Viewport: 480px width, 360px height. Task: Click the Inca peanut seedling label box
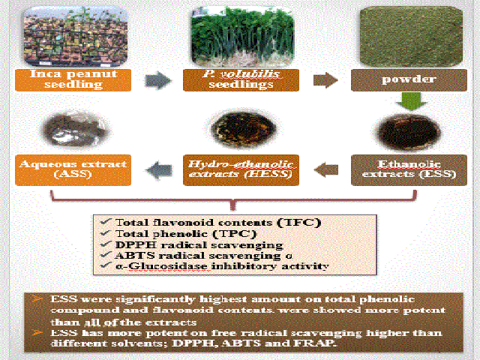(73, 80)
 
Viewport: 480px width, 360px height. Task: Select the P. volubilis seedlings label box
(241, 80)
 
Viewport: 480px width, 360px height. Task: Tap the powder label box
(409, 80)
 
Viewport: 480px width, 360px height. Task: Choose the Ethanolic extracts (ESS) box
(409, 170)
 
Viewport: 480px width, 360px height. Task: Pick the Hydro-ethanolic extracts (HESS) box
(241, 170)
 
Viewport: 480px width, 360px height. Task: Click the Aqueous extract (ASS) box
(73, 170)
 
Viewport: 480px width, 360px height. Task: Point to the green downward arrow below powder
(411, 101)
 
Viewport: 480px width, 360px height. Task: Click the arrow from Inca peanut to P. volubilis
(158, 80)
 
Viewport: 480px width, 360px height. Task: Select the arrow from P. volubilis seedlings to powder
(325, 80)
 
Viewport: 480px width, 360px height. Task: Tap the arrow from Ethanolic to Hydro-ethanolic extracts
(326, 169)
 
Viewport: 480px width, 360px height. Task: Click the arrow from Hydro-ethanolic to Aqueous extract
(159, 170)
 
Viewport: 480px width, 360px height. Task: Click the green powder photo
(411, 37)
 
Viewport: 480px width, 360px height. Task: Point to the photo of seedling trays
(75, 36)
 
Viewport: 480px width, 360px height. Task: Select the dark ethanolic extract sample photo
(409, 133)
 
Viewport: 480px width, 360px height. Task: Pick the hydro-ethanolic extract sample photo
(244, 128)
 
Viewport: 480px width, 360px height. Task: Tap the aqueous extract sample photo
(75, 129)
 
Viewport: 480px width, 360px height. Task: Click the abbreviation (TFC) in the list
(299, 222)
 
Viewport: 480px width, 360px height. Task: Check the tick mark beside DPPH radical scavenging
(106, 244)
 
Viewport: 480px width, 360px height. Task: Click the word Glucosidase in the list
(167, 266)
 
